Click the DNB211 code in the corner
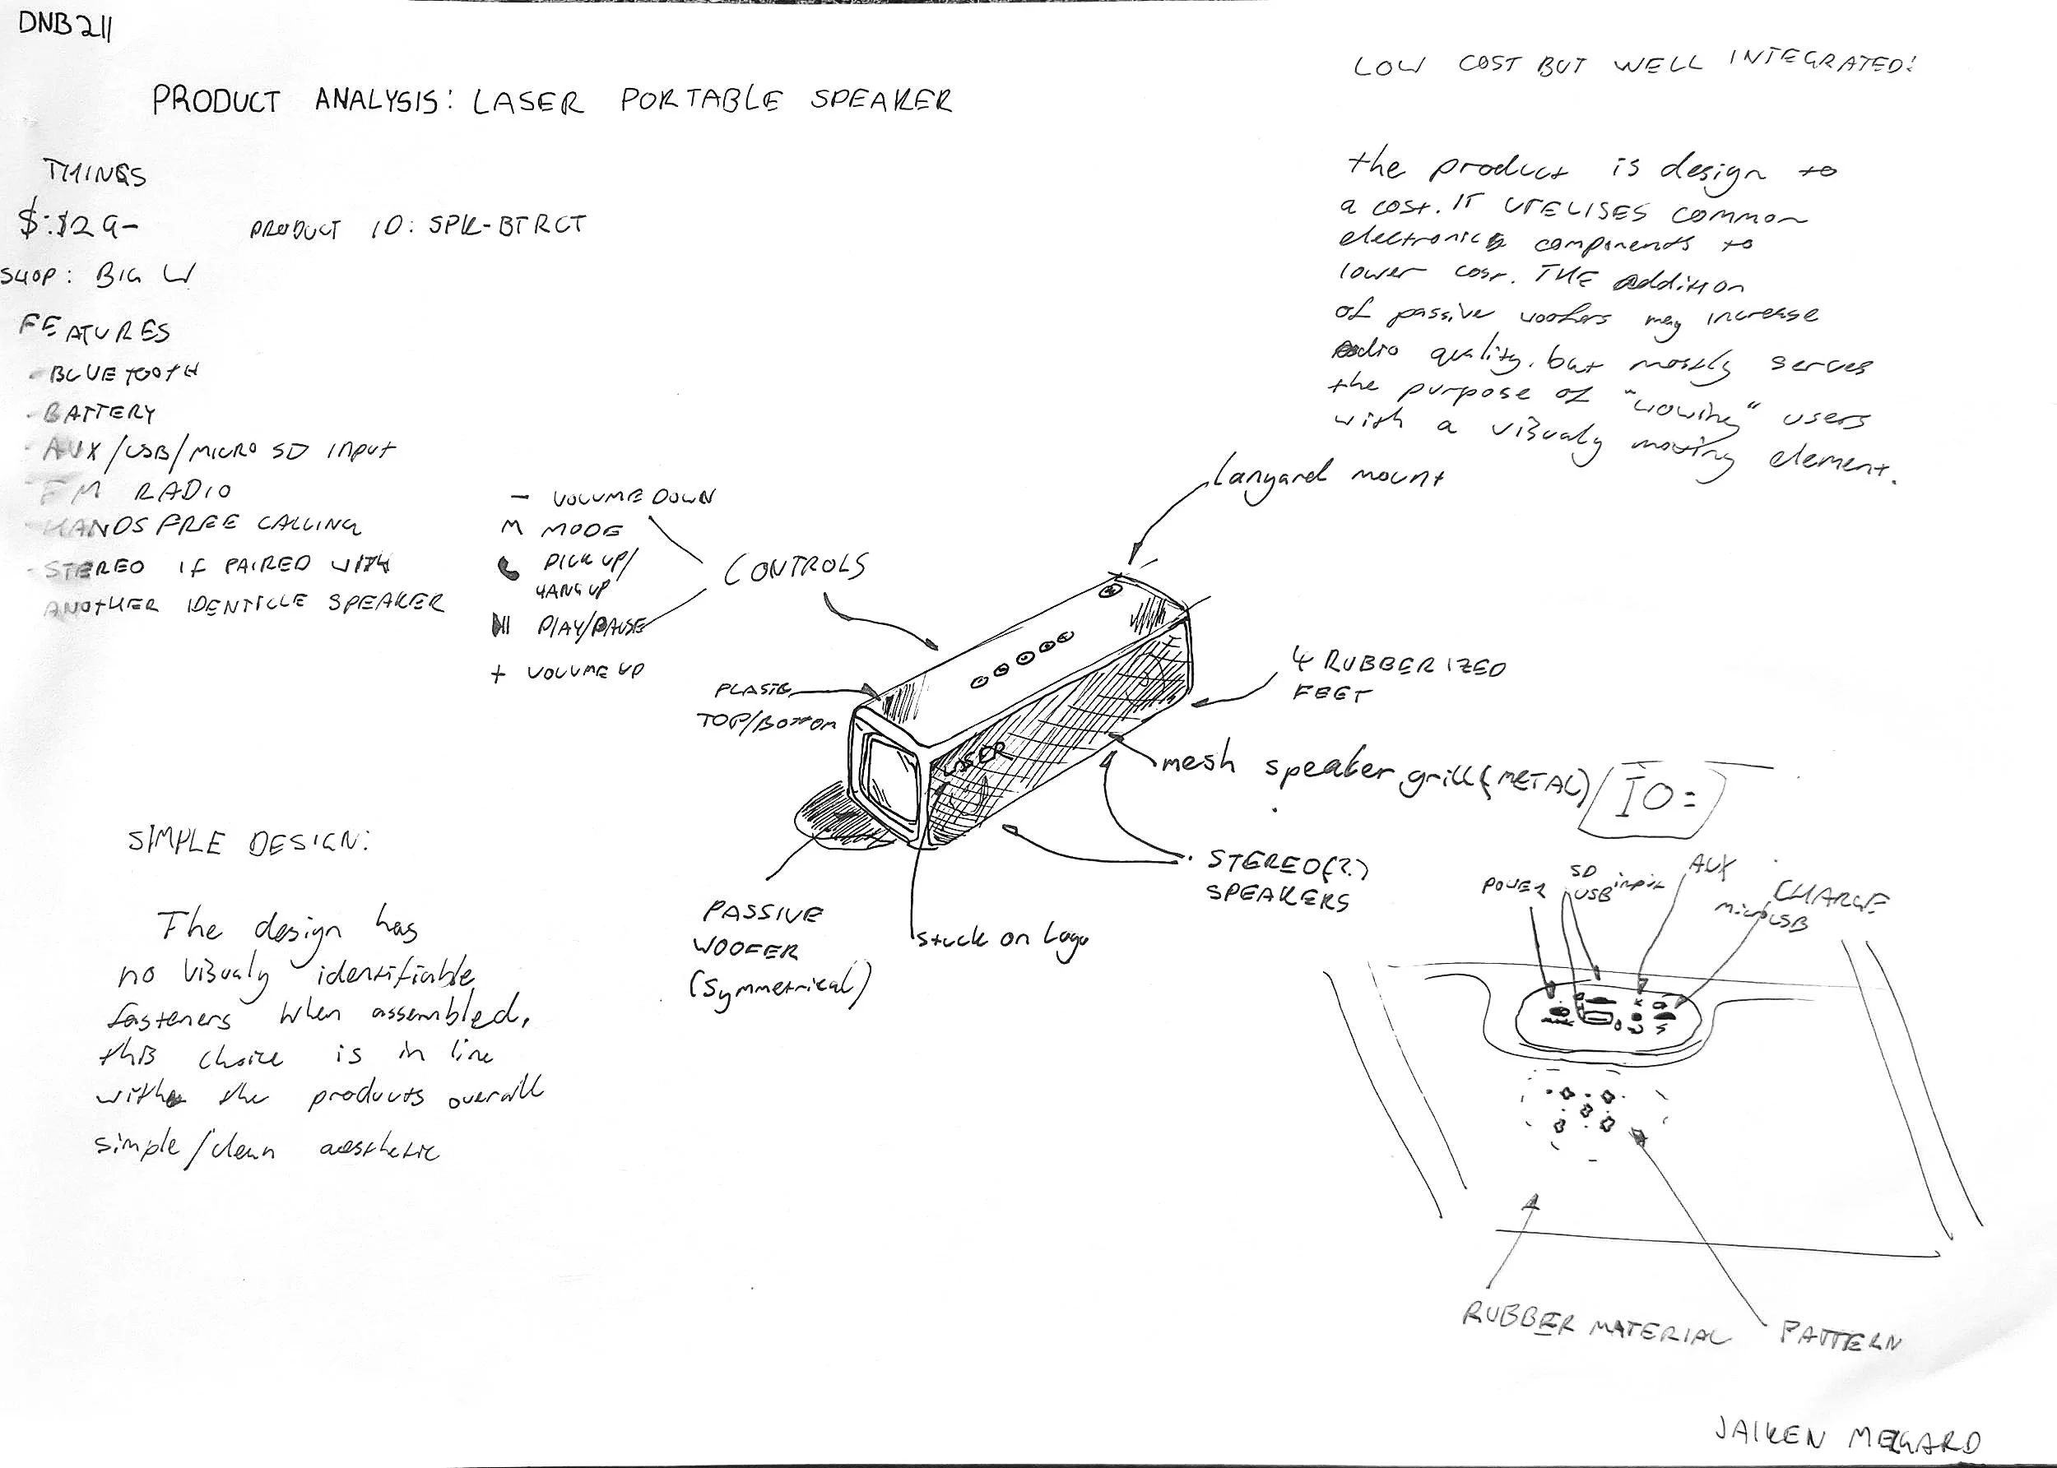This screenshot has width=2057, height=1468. [65, 29]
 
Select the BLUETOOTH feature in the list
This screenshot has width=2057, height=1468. [122, 373]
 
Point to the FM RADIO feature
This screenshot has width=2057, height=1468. [136, 491]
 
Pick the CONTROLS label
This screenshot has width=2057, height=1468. [794, 567]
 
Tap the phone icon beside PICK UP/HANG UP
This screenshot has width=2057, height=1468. [509, 567]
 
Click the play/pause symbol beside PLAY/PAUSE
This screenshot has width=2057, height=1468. [500, 625]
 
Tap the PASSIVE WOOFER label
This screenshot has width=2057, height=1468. [761, 931]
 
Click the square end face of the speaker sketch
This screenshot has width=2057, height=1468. [889, 777]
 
